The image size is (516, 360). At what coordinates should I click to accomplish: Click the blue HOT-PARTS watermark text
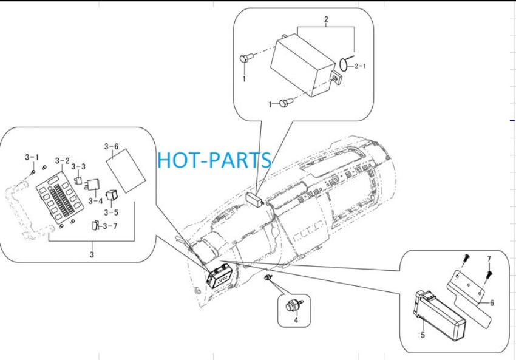coord(214,160)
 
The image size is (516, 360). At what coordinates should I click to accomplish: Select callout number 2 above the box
coord(326,19)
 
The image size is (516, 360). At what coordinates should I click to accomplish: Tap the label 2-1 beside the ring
coord(360,66)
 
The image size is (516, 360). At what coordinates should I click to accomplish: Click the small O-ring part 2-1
coord(344,65)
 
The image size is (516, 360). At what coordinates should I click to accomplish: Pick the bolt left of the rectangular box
coord(246,58)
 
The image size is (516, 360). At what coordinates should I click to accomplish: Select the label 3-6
coord(111,147)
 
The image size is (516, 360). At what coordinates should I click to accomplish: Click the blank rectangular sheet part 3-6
coord(126,171)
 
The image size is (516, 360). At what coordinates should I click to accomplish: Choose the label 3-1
coord(32,158)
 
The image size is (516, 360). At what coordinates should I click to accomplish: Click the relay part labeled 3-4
coord(92,185)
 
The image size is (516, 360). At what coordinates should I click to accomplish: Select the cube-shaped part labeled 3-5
coord(112,194)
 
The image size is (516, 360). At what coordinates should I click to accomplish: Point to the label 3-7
coord(110,226)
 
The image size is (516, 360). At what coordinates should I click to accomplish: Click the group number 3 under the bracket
coord(92,254)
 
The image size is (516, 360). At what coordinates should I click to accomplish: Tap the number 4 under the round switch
coord(296,320)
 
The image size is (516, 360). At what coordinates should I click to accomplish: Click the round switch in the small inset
coord(293,305)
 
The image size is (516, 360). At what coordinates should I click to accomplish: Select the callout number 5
coord(423,335)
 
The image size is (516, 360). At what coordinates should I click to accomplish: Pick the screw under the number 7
coord(490,273)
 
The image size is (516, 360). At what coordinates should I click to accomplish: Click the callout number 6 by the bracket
coord(492,303)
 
